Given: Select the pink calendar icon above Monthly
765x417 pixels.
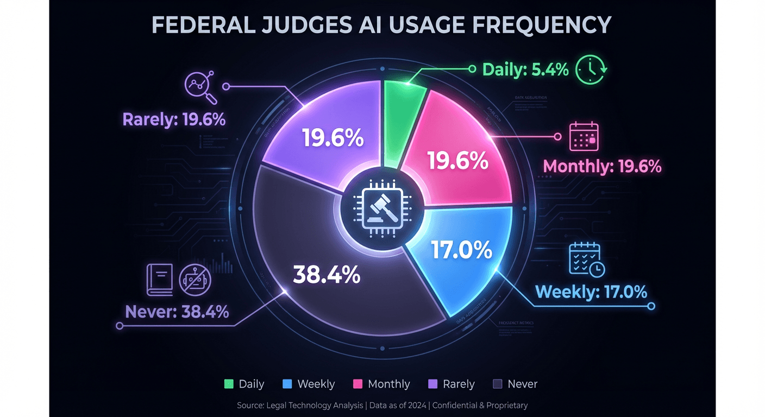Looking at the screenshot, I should tap(584, 136).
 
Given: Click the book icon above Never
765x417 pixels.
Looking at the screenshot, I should tap(159, 279).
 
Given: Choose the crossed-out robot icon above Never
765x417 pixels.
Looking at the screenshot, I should tap(195, 279).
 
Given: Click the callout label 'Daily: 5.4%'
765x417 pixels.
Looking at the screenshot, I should tap(525, 69).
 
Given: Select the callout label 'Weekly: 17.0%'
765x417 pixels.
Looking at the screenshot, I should tap(591, 292).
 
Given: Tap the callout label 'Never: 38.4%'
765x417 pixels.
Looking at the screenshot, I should tap(177, 312).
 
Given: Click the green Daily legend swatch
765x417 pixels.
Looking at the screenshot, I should tap(229, 384).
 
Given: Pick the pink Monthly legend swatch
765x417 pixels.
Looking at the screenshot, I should tap(358, 384).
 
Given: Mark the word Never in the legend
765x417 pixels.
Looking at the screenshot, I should tap(522, 384).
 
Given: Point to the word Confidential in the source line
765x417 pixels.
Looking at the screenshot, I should tap(456, 405).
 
